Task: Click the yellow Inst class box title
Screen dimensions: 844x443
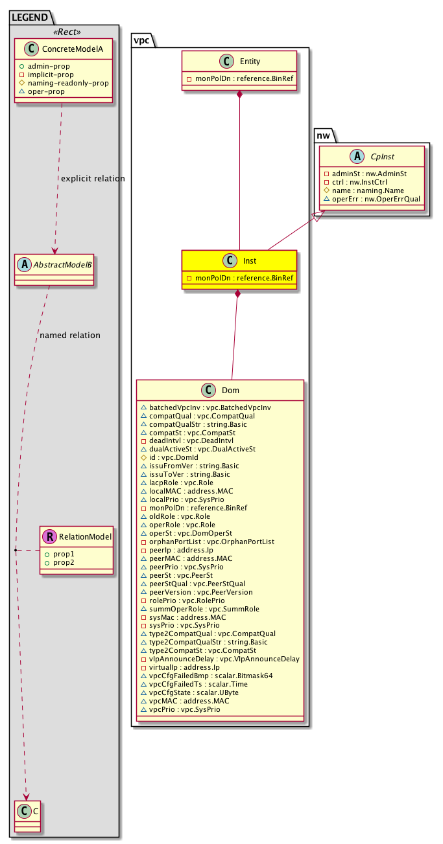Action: (250, 262)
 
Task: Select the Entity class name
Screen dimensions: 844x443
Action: (250, 62)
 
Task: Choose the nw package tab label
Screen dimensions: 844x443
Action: (324, 135)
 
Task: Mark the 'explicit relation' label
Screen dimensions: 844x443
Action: (93, 179)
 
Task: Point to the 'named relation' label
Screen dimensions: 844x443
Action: (70, 336)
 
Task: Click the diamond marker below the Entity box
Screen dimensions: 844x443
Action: (240, 96)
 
